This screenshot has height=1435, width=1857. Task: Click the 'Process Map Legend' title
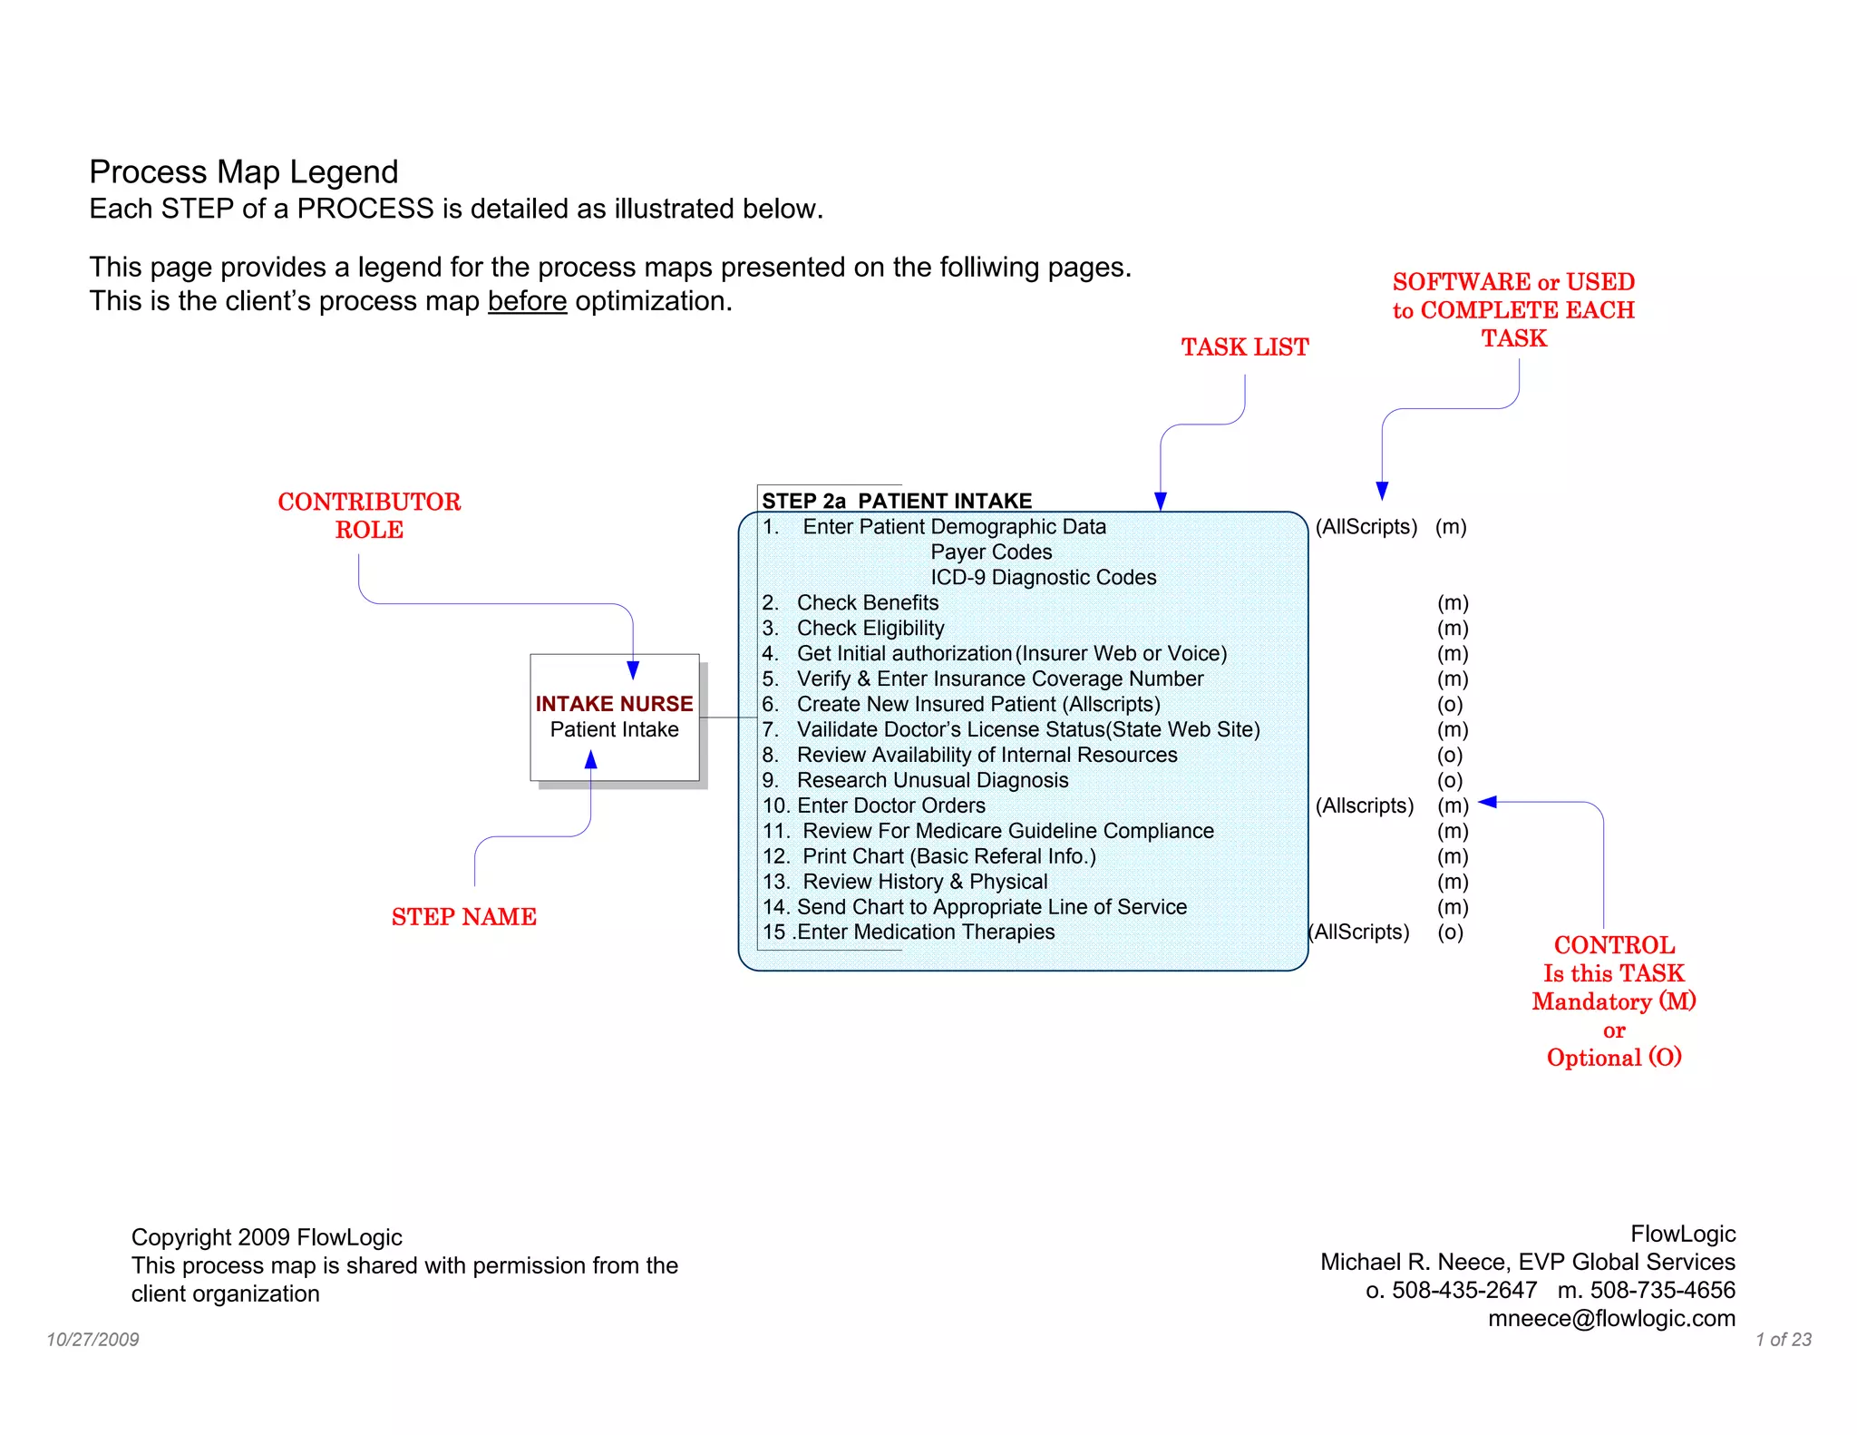coord(243,172)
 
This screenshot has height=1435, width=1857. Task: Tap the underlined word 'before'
coord(527,301)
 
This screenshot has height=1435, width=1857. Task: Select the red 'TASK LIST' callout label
coord(1244,347)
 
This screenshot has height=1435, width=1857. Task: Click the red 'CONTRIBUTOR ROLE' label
coord(369,515)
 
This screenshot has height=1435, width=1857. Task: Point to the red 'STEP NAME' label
coord(463,917)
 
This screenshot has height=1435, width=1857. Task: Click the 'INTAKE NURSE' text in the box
coord(614,704)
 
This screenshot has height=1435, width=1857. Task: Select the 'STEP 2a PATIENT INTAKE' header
coord(896,501)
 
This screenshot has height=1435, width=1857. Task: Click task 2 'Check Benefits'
coord(867,603)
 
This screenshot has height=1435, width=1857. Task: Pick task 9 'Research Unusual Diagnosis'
coord(932,780)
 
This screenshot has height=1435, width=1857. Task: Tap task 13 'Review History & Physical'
coord(925,882)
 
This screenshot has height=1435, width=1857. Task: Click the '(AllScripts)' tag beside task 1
coord(1366,527)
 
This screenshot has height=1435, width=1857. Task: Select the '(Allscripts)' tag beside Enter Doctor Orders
coord(1364,805)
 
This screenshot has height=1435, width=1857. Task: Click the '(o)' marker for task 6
coord(1450,704)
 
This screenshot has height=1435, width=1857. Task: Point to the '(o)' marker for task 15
coord(1450,932)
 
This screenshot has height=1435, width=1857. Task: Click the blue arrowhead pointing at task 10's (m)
coord(1487,802)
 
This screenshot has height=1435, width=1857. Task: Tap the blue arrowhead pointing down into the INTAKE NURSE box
coord(633,671)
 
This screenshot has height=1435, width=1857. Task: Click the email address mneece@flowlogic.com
coord(1611,1318)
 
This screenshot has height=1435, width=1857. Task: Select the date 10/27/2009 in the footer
coord(92,1340)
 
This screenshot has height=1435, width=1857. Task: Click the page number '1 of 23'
coord(1783,1340)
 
